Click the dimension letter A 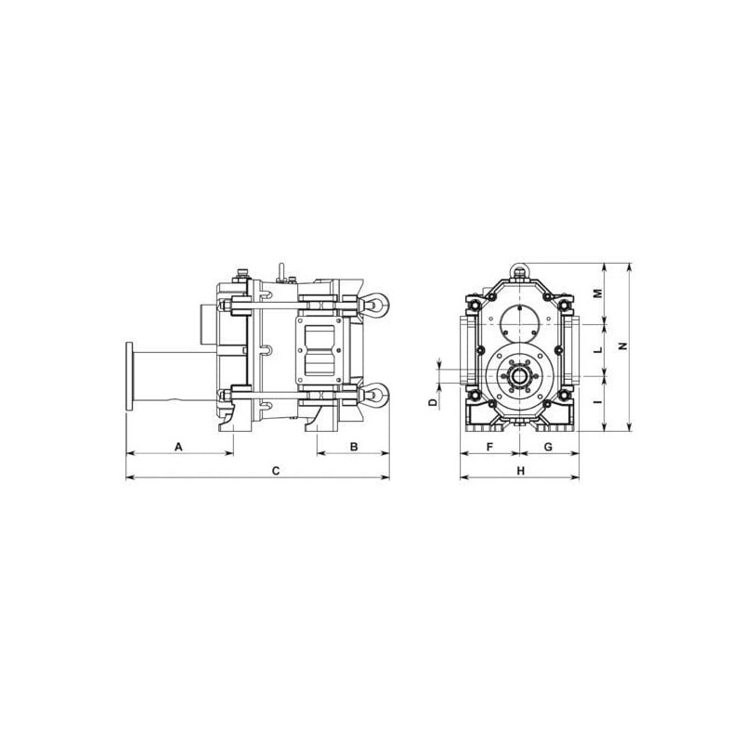178,447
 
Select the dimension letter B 354,447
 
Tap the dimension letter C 276,471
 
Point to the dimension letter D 433,403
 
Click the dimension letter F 490,447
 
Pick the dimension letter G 548,447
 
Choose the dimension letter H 521,471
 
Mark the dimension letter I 598,402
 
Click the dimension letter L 598,350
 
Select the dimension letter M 598,293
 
